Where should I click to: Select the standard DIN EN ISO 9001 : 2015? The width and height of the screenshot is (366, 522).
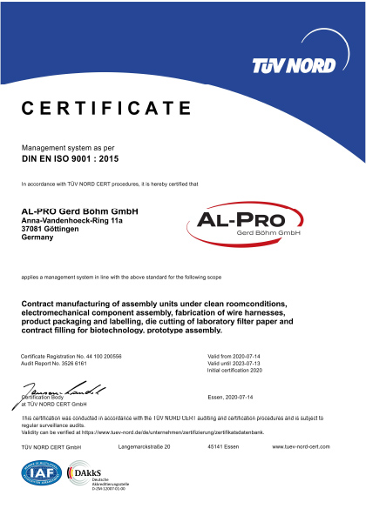[71, 161]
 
